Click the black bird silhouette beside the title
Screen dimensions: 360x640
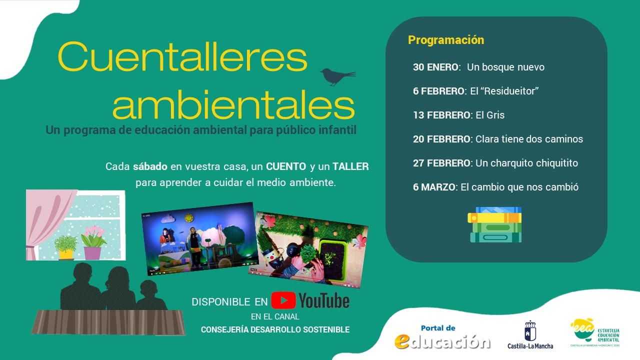point(336,76)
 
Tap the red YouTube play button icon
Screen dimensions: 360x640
point(283,300)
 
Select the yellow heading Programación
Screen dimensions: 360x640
point(446,40)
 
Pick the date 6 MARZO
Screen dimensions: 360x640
point(434,187)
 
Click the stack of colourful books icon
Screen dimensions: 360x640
point(495,224)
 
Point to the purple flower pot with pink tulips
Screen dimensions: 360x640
point(93,245)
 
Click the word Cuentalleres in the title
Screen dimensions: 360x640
point(182,56)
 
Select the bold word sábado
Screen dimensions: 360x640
point(150,166)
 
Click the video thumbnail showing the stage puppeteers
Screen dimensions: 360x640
point(199,239)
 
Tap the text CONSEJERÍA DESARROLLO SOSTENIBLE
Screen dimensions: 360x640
point(275,329)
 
